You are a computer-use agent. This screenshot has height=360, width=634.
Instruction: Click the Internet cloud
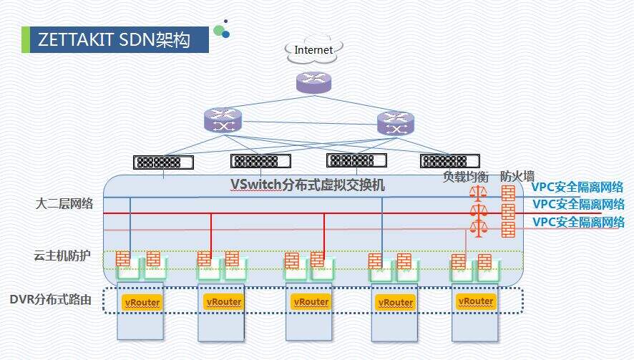pyautogui.click(x=313, y=49)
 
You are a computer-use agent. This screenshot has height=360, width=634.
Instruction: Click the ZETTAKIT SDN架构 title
pyautogui.click(x=114, y=40)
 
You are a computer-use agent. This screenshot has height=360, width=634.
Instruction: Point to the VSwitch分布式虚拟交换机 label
pyautogui.click(x=308, y=185)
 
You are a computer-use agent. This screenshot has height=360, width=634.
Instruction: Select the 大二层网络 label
pyautogui.click(x=64, y=204)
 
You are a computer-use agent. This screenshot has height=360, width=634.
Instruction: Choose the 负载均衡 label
pyautogui.click(x=466, y=175)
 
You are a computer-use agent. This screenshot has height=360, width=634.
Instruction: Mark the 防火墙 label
pyautogui.click(x=516, y=175)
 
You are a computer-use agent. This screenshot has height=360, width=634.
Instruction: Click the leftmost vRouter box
pyautogui.click(x=141, y=302)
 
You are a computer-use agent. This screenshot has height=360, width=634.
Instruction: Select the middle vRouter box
pyautogui.click(x=311, y=302)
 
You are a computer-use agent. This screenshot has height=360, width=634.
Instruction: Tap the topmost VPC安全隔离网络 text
pyautogui.click(x=577, y=188)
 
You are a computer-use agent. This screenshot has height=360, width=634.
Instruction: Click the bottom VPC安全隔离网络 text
pyautogui.click(x=577, y=222)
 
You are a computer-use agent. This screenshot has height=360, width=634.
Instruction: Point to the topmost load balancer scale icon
pyautogui.click(x=477, y=194)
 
